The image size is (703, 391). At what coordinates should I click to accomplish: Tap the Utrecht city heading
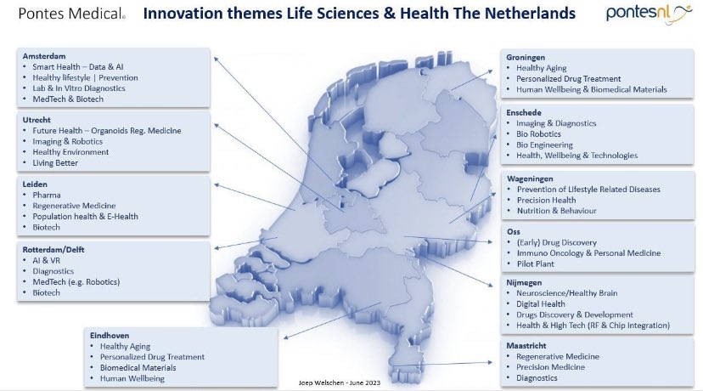[x=39, y=121]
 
